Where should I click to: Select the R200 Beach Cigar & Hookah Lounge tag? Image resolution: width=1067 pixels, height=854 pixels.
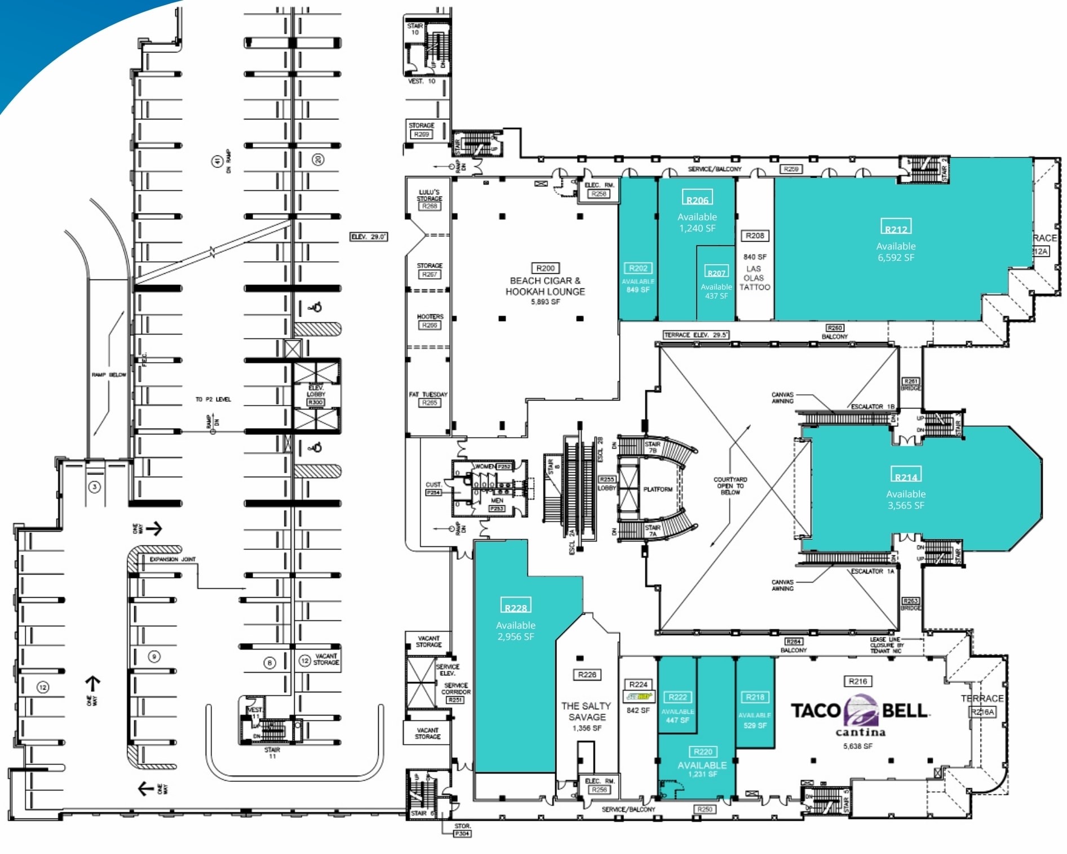coord(545,268)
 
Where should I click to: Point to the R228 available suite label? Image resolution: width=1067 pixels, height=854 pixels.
coord(516,606)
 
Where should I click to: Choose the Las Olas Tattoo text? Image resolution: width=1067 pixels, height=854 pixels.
coord(754,278)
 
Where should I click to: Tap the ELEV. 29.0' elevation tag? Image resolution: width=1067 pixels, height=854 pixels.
coord(369,237)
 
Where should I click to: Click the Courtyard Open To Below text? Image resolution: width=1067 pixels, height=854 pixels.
coord(730,486)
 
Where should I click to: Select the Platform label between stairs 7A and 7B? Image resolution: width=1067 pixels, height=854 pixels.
coord(658,489)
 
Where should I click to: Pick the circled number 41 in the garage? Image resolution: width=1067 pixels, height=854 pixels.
coord(217,162)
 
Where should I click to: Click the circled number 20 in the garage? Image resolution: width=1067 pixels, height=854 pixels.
coord(318,160)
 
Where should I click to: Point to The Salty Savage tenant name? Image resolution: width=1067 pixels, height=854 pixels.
coord(586,711)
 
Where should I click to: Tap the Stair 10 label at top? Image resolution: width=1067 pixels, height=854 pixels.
coord(415,29)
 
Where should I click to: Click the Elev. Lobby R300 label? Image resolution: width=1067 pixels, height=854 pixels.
coord(316,394)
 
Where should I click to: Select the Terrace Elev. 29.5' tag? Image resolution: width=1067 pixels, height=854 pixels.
coord(696,335)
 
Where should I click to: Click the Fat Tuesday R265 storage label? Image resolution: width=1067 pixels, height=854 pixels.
coord(428,398)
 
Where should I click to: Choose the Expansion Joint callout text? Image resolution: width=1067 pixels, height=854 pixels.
coord(172,559)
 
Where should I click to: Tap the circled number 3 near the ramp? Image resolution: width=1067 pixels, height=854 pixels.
coord(95,487)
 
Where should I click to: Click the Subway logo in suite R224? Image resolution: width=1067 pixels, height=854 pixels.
coord(638,697)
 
